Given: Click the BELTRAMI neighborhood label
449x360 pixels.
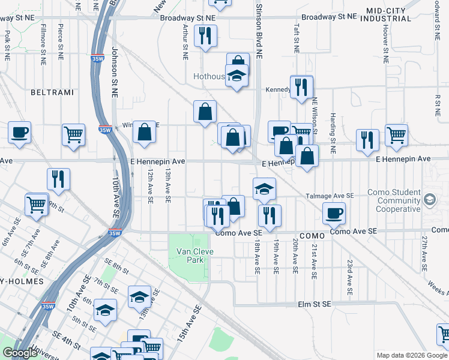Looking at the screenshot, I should (53, 92).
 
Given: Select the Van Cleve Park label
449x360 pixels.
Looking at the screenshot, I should (190, 256).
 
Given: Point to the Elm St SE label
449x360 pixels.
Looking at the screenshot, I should (315, 305).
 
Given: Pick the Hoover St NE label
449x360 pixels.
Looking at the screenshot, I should (385, 44).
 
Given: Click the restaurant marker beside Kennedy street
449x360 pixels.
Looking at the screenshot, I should (301, 86).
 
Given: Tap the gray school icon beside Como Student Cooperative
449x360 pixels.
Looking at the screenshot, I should (430, 199).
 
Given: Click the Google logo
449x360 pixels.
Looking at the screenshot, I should (20, 353).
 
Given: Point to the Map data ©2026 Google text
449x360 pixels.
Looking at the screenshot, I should (411, 355).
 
